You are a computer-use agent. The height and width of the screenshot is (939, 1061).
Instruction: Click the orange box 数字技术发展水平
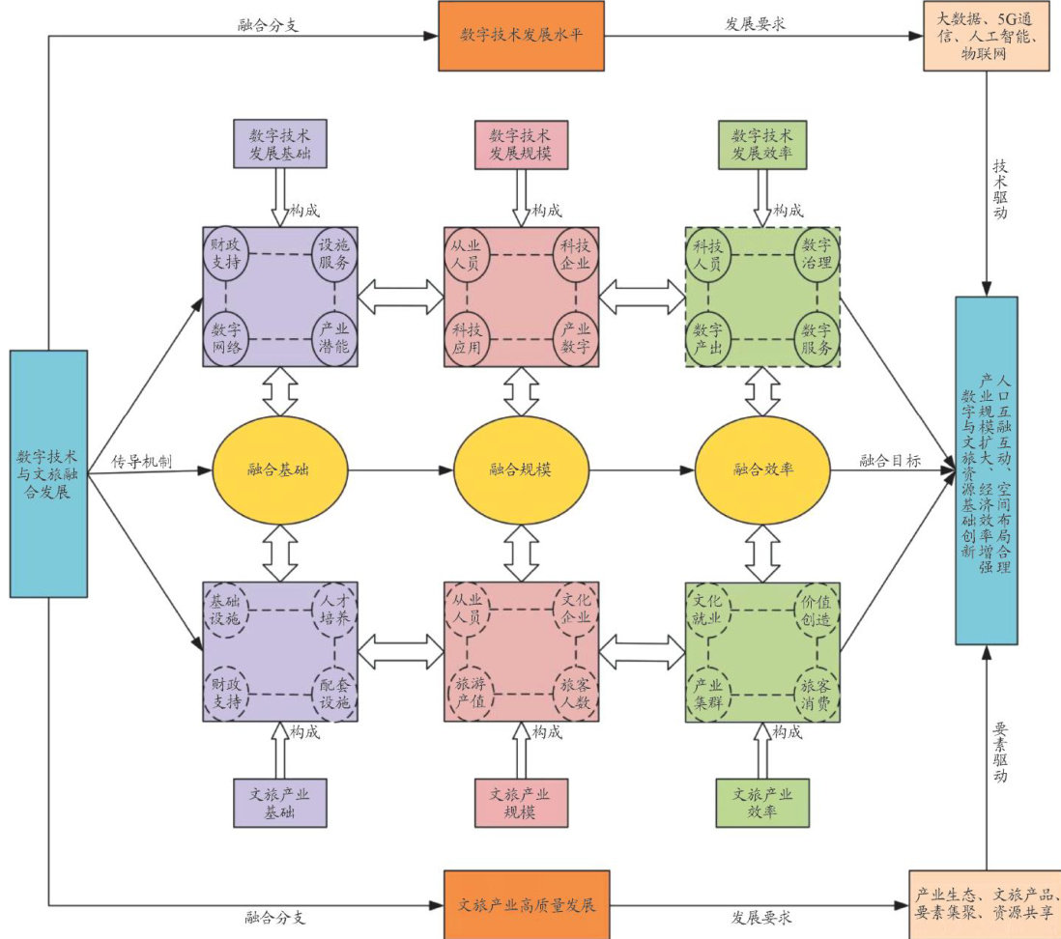tap(521, 36)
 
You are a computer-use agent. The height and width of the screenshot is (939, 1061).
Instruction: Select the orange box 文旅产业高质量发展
tap(527, 906)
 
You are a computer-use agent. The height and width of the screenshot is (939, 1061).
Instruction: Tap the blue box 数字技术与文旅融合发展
tap(48, 472)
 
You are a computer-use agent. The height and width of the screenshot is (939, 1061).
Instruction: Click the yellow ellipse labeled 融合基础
tap(281, 470)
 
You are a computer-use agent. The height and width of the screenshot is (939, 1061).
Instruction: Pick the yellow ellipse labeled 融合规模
tap(523, 470)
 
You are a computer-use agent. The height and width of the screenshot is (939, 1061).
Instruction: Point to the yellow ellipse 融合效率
tap(763, 470)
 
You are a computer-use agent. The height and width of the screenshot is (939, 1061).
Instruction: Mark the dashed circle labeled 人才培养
tap(334, 611)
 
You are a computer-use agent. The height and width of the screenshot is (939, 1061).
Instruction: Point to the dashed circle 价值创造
tap(817, 611)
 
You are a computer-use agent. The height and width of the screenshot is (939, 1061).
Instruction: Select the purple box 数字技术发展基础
tap(280, 144)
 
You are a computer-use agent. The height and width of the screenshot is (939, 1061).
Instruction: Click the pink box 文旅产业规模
tap(521, 802)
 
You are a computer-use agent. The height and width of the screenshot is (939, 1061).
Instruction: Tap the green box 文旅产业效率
tap(761, 802)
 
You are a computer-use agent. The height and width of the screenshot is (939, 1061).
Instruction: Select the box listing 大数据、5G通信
tap(986, 36)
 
